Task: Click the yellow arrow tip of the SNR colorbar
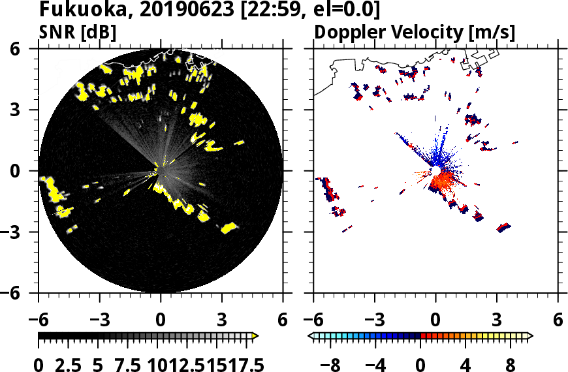click(256, 335)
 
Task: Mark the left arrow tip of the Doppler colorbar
click(311, 335)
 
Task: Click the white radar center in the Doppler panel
click(435, 170)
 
